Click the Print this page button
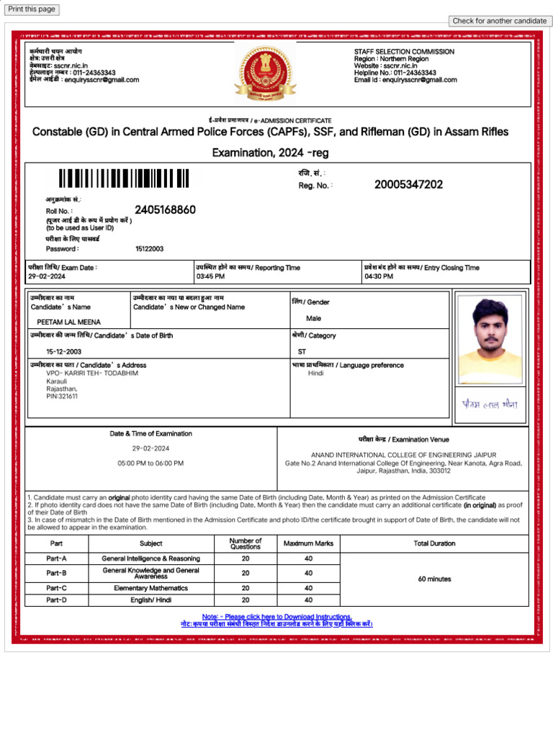pyautogui.click(x=31, y=9)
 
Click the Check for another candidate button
pyautogui.click(x=499, y=21)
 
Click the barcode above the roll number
pyautogui.click(x=124, y=178)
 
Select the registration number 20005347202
pyautogui.click(x=408, y=185)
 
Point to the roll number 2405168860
pyautogui.click(x=165, y=210)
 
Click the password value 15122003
pyautogui.click(x=149, y=249)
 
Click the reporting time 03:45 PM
pyautogui.click(x=210, y=276)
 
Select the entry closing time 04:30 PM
pyautogui.click(x=379, y=276)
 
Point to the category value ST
pyautogui.click(x=302, y=352)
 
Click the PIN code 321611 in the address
pyautogui.click(x=62, y=397)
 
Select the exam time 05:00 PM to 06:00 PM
pyautogui.click(x=150, y=464)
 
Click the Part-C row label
pyautogui.click(x=56, y=588)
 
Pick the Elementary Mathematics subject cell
pyautogui.click(x=150, y=588)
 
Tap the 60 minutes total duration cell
pyautogui.click(x=434, y=579)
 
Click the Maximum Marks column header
pyautogui.click(x=308, y=543)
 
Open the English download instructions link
pyautogui.click(x=276, y=617)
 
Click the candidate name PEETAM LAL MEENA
pyautogui.click(x=68, y=322)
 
